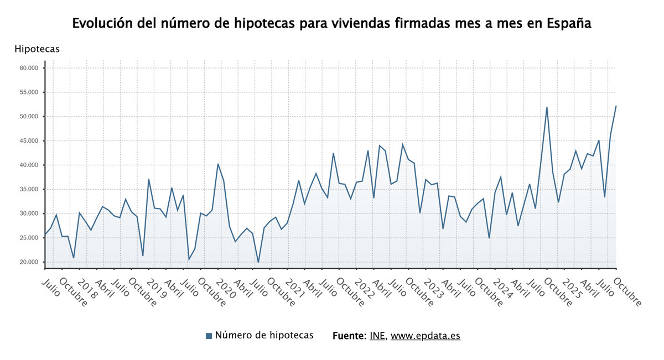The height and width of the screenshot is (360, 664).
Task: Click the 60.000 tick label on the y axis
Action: (29, 68)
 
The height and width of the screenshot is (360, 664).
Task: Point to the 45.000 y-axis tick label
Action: (29, 141)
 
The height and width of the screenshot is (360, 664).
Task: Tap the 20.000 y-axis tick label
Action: (29, 262)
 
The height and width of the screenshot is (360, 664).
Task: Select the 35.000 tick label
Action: (29, 189)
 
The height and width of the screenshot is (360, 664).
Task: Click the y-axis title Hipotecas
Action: (37, 49)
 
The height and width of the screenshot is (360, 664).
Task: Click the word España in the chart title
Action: (569, 24)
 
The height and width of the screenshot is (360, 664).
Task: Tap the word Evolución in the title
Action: (101, 24)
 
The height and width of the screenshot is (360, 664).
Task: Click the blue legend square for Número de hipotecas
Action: (209, 336)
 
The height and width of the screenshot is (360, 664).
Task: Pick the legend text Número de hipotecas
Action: (264, 335)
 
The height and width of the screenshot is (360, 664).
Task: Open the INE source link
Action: (377, 336)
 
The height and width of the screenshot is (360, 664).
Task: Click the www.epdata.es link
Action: (425, 336)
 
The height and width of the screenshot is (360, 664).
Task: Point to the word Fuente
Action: (349, 336)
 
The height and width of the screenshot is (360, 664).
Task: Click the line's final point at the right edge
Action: (616, 106)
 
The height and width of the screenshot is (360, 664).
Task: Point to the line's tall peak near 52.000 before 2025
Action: (547, 107)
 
